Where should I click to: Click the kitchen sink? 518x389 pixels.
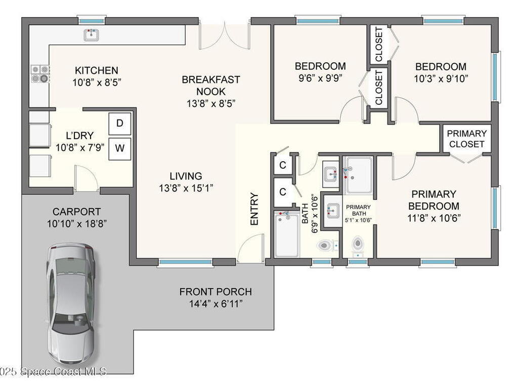point(91,35)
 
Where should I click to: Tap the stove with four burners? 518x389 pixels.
point(40,74)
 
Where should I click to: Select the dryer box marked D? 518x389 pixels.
point(119,124)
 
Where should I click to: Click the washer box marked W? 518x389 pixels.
point(119,148)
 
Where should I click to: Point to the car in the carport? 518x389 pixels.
point(70,304)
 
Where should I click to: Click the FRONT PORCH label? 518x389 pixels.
point(215,292)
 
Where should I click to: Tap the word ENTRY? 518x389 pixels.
point(254,209)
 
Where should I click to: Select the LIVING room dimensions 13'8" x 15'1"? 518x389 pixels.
point(186,188)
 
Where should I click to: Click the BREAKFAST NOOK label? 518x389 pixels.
point(211,85)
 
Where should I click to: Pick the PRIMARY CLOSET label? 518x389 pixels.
point(466,139)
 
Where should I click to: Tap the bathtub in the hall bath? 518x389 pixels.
point(287,234)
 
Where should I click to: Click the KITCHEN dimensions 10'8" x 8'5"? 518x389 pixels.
point(97,83)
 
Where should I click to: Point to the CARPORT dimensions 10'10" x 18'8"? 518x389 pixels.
point(77,224)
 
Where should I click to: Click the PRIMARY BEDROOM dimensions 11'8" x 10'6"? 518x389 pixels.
point(434,218)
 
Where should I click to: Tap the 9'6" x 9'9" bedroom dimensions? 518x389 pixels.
point(320,79)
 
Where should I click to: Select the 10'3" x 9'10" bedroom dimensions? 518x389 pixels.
point(441,79)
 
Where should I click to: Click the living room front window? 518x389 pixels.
point(185,262)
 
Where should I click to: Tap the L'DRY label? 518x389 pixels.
point(79,136)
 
